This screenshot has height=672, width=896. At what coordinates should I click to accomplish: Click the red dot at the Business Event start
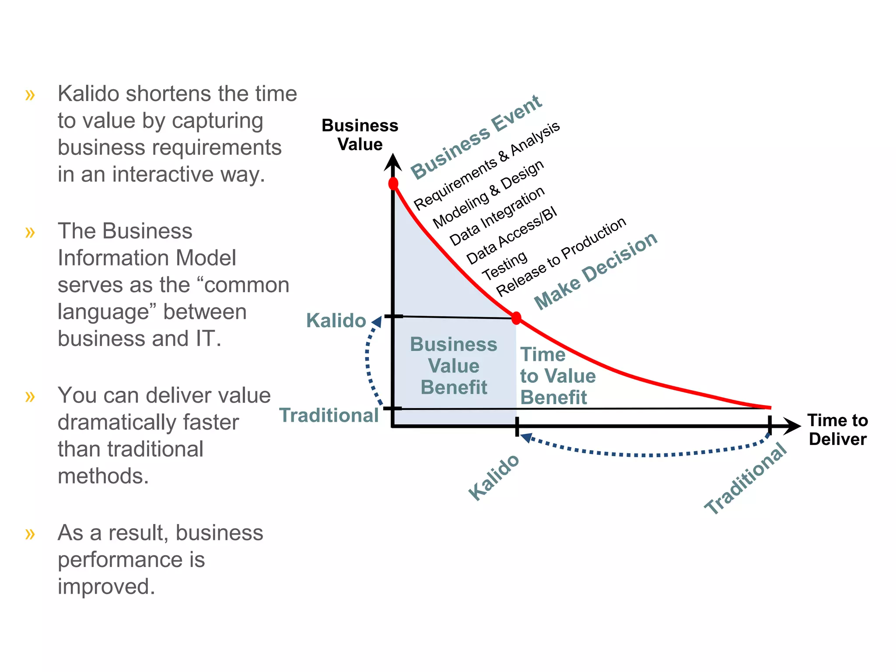click(393, 183)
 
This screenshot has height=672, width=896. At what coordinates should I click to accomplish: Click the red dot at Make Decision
click(516, 318)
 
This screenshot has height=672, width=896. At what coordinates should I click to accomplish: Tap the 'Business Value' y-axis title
click(360, 135)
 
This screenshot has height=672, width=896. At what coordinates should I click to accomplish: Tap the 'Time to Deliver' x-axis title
click(837, 430)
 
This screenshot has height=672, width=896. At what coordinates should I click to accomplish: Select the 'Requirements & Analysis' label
click(486, 166)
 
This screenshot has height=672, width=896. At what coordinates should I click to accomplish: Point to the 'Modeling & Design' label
click(488, 194)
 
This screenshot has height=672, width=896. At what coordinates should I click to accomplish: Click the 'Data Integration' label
click(497, 216)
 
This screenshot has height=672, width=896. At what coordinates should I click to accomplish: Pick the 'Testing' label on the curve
click(505, 266)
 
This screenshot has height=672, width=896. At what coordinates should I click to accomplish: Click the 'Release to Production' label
click(561, 257)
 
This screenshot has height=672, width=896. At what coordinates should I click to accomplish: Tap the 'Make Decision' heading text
click(595, 271)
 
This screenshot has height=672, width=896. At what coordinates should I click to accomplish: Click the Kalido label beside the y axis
click(336, 321)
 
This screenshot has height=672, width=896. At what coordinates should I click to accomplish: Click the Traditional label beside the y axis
click(329, 415)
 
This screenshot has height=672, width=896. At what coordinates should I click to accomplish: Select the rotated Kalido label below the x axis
click(493, 477)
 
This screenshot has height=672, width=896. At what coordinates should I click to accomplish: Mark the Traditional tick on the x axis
click(770, 426)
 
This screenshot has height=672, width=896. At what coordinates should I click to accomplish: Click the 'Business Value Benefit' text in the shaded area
click(454, 366)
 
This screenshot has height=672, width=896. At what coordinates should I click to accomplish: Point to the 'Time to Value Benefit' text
click(557, 376)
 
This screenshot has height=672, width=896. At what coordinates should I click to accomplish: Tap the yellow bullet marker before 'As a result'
click(30, 534)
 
